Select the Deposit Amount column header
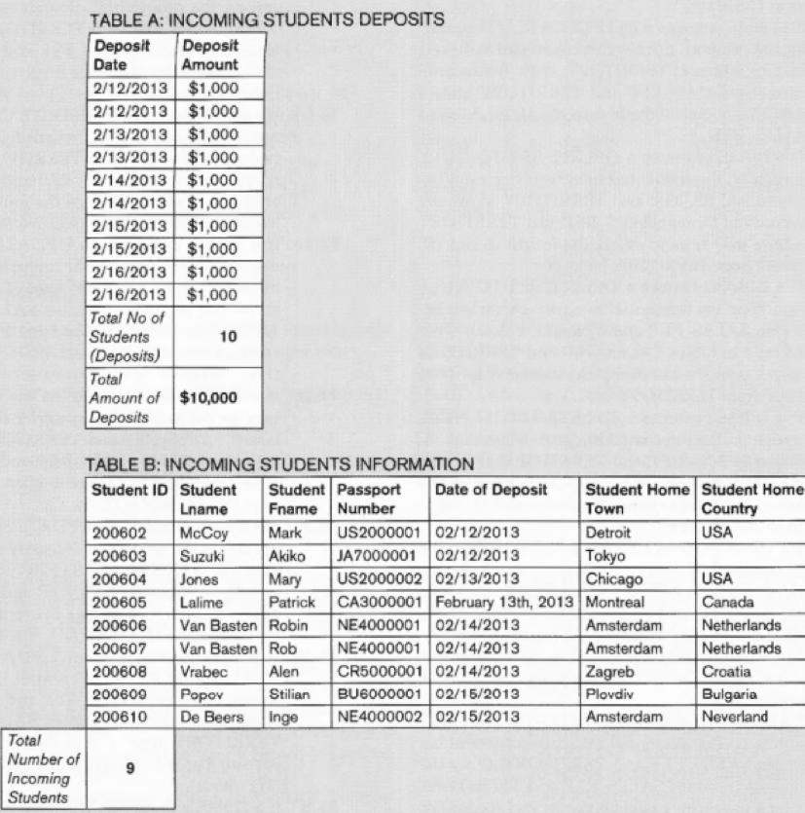[x=208, y=55]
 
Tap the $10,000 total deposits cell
[x=208, y=397]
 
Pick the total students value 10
[x=228, y=336]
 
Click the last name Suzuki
[x=202, y=556]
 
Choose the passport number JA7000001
[x=377, y=556]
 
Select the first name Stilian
[x=288, y=695]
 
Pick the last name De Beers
[x=209, y=719]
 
